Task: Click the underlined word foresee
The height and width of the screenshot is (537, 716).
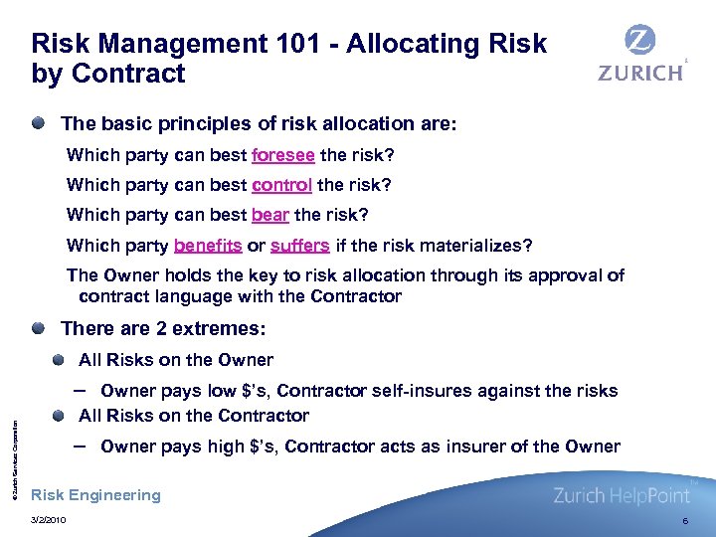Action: (283, 155)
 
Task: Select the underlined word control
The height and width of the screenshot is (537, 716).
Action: (282, 185)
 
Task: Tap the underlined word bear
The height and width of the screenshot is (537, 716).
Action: (269, 215)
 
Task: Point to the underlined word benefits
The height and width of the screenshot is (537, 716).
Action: (208, 246)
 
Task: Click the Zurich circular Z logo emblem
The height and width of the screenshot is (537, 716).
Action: (639, 41)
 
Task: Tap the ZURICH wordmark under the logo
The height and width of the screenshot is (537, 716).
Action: (639, 73)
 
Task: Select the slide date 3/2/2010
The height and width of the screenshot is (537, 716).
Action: (50, 520)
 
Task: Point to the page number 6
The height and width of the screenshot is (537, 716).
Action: (684, 520)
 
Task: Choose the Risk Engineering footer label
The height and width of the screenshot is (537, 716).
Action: (96, 495)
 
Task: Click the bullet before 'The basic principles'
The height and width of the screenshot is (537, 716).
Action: (37, 124)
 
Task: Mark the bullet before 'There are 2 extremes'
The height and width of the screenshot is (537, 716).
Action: (37, 328)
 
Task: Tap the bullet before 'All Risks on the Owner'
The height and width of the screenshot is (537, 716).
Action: (61, 359)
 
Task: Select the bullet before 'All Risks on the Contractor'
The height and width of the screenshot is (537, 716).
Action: (61, 415)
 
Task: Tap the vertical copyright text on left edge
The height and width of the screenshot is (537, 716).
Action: (13, 447)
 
